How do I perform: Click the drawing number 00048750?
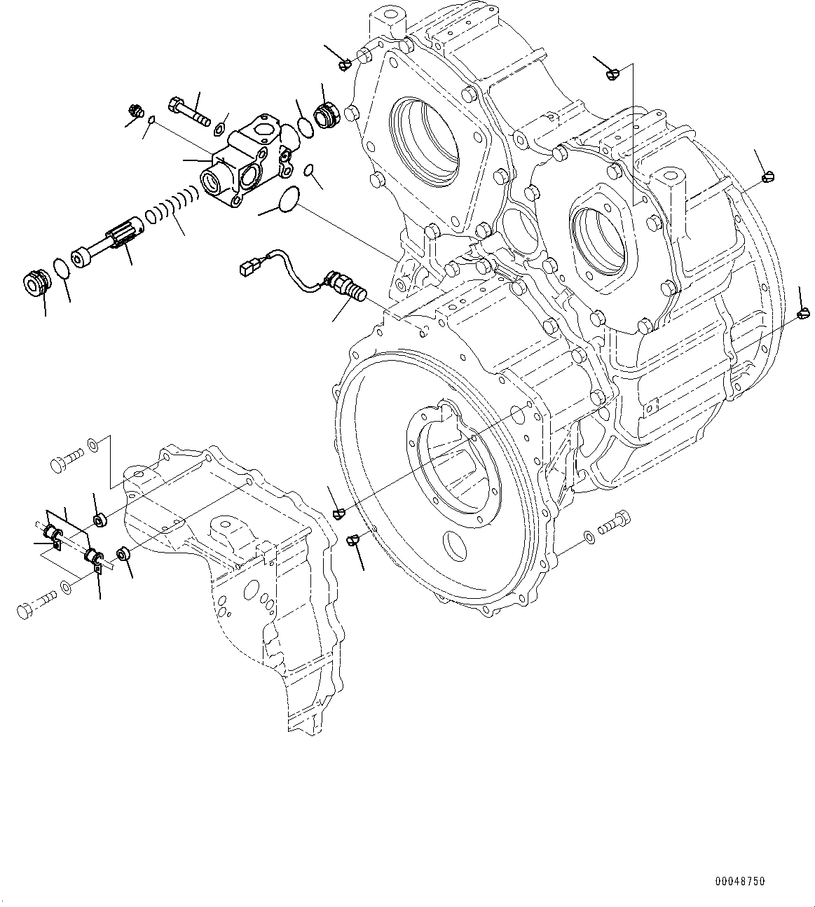click(740, 881)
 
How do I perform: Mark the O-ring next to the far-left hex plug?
click(62, 268)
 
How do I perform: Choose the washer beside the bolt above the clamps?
click(93, 443)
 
